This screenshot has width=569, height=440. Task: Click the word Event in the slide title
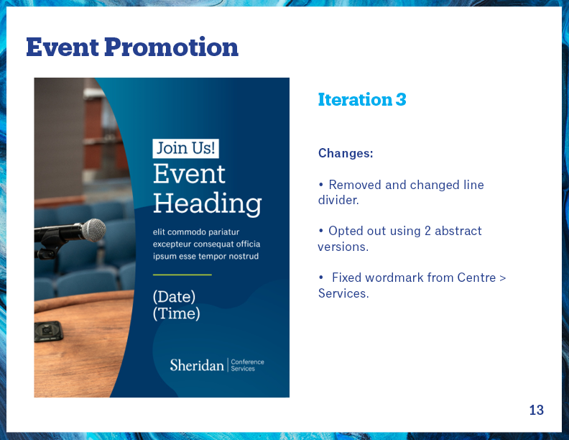[63, 47]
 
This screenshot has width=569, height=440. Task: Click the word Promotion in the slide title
[171, 47]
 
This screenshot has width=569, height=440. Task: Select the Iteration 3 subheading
[362, 99]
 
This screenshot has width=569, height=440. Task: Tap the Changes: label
[346, 153]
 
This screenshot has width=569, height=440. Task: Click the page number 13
[537, 410]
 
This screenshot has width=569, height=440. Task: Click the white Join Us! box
[186, 149]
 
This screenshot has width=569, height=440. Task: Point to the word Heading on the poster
[207, 203]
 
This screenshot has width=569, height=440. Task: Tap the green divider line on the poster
[182, 275]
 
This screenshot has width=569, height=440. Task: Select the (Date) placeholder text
[174, 297]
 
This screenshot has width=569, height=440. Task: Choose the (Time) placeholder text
[176, 313]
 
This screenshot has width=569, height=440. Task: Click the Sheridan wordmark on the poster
[197, 365]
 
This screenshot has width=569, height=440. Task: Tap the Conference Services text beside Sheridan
[247, 365]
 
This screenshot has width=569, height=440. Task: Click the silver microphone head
[93, 230]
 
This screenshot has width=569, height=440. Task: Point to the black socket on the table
[48, 331]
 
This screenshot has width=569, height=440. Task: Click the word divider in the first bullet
[338, 201]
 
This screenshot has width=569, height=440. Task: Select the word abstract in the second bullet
[458, 231]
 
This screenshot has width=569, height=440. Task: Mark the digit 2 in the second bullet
[427, 231]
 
